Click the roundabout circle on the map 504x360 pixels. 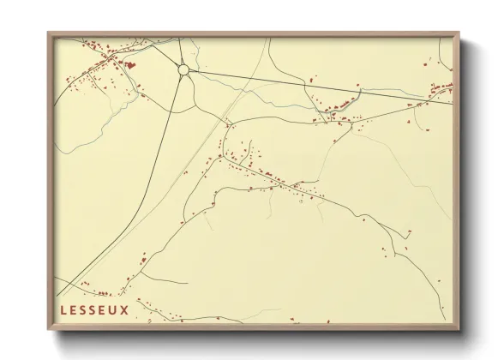[183, 69]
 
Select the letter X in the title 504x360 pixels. [125, 309]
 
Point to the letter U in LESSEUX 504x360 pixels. [114, 309]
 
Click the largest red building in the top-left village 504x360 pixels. [130, 63]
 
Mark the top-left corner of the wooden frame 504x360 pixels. [49, 33]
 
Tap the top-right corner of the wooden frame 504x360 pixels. [459, 33]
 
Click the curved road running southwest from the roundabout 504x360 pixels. [154, 171]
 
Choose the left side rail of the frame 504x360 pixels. [51, 180]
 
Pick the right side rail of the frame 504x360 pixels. [457, 180]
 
